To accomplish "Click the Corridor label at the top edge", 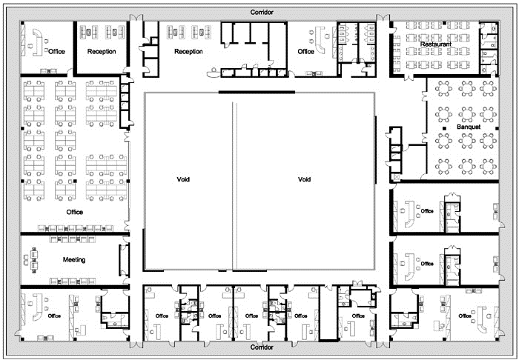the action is (x=262, y=13).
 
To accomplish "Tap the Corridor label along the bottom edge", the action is (x=262, y=347).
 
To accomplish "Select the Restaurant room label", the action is (x=436, y=44).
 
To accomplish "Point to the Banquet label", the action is (x=469, y=127).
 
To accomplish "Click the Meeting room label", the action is (x=74, y=260).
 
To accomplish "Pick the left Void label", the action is (x=183, y=179).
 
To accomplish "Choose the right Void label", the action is (x=304, y=179).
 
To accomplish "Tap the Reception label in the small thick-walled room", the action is (x=102, y=52).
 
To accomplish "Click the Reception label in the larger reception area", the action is (x=188, y=52).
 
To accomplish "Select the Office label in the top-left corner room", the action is (x=56, y=52).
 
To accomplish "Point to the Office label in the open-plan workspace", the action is (x=74, y=212).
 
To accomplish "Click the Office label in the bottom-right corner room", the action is (x=465, y=316).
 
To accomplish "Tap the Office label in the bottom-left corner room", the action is (x=54, y=316).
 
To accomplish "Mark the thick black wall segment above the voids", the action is (x=257, y=93).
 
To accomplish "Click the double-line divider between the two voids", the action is (x=235, y=186).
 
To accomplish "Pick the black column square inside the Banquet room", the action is (x=445, y=128).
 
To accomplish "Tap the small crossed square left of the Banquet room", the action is (x=396, y=178).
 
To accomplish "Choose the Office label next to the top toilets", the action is (x=305, y=52).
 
